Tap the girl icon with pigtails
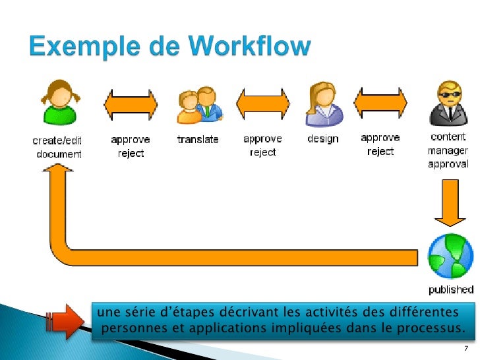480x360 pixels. coord(58,104)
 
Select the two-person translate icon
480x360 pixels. coord(198,105)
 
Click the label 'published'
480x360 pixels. coord(451,289)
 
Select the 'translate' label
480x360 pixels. coord(198,140)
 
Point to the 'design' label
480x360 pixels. coord(323,139)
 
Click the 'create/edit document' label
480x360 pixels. coord(58,146)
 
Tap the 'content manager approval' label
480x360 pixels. coord(448,150)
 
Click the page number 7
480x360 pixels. coord(466,348)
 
